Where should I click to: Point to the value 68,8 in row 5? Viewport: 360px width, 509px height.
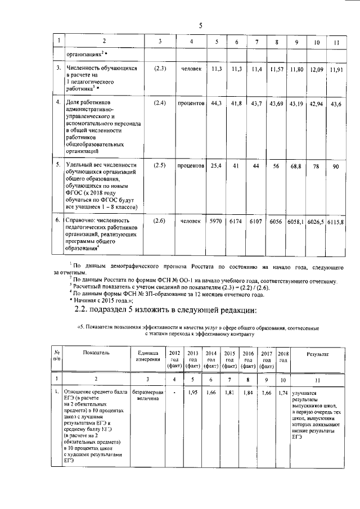click(x=296, y=166)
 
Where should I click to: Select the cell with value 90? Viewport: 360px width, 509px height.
click(x=336, y=166)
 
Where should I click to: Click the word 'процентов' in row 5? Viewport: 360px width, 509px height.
click(x=191, y=166)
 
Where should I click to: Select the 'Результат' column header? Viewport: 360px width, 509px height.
click(x=318, y=353)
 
